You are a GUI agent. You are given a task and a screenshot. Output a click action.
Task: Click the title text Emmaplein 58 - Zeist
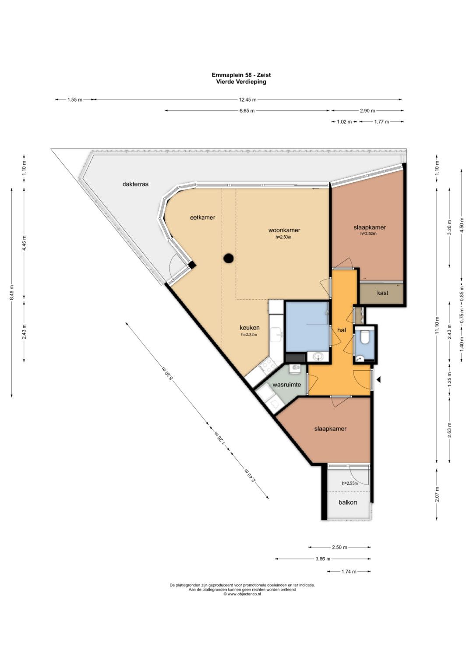click(241, 75)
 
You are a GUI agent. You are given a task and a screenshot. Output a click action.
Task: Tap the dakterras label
click(135, 184)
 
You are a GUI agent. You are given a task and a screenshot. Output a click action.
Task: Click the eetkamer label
click(202, 217)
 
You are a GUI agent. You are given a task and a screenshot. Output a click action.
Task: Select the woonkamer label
click(284, 230)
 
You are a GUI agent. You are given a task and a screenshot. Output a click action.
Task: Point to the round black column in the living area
click(229, 258)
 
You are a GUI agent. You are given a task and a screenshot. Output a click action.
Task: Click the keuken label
click(250, 328)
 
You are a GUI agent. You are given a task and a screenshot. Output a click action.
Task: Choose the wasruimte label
click(286, 385)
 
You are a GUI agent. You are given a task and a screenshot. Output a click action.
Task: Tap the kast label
click(382, 293)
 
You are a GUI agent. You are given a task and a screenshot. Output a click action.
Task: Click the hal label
click(342, 330)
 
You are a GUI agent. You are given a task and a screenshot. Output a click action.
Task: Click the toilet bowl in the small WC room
click(365, 337)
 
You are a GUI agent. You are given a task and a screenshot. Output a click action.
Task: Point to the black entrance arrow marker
click(379, 379)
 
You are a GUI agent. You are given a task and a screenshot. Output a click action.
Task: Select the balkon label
click(348, 503)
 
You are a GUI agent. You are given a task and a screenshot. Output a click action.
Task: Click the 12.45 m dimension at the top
click(248, 100)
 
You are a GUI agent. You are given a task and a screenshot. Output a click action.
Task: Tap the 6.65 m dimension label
click(247, 111)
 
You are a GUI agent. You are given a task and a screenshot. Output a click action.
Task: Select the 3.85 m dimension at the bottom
click(323, 559)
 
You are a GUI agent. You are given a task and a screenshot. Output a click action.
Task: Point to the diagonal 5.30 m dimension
click(167, 373)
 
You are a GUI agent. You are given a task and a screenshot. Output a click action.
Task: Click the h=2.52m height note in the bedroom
click(368, 234)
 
